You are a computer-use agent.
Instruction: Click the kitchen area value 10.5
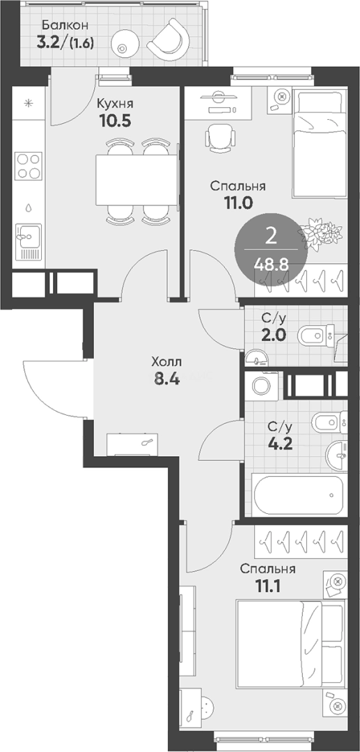coord(115,120)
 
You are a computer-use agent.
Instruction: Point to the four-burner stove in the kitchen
coord(29,166)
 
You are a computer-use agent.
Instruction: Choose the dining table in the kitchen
coord(137,180)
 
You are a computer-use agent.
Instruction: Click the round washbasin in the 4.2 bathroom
coord(337,455)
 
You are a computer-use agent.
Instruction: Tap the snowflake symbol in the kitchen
coord(29,102)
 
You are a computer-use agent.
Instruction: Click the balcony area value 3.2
coord(51,42)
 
